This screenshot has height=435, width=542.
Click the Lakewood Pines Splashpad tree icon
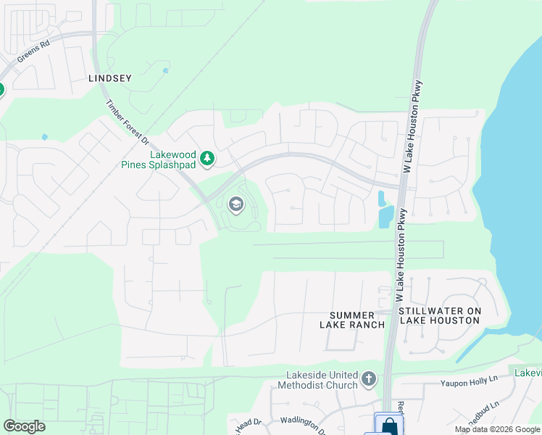207,157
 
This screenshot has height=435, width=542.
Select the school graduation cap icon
235,205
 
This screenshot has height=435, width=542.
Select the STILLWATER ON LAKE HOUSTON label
439,315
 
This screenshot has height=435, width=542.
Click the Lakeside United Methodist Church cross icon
369,379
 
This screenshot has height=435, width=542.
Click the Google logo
24,426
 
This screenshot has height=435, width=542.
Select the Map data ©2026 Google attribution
498,429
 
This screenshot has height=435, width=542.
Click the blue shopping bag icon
388,425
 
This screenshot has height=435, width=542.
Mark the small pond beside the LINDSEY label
166,71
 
